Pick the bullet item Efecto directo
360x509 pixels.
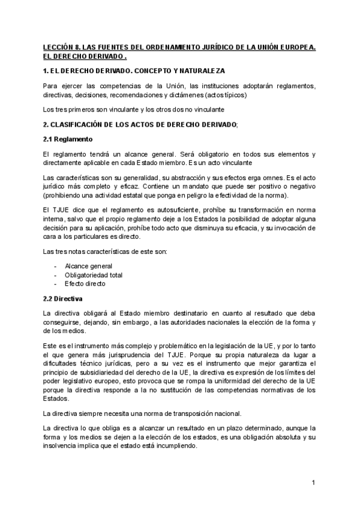click(x=85, y=283)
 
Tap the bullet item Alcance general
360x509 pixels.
click(x=88, y=266)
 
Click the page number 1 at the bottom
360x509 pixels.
click(x=313, y=483)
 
